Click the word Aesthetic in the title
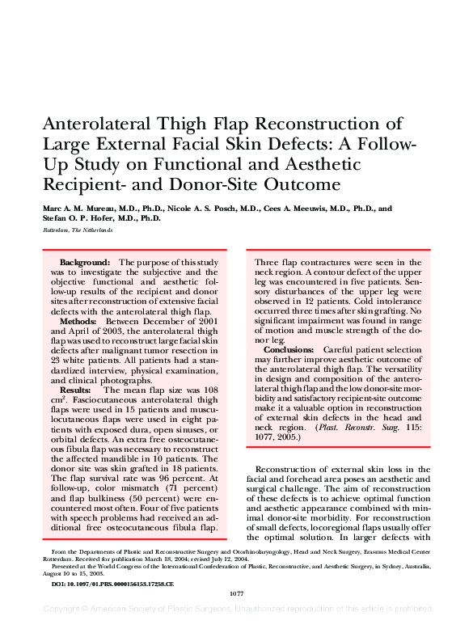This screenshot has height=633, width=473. click(316, 166)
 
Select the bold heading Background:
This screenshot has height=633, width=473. click(85, 263)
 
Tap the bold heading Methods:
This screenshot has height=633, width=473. click(78, 321)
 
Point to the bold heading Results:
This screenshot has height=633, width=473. click(75, 390)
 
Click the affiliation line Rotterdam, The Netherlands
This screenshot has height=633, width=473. click(78, 230)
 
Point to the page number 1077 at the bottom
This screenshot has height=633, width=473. click(236, 594)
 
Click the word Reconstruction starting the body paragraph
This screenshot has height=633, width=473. click(297, 470)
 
